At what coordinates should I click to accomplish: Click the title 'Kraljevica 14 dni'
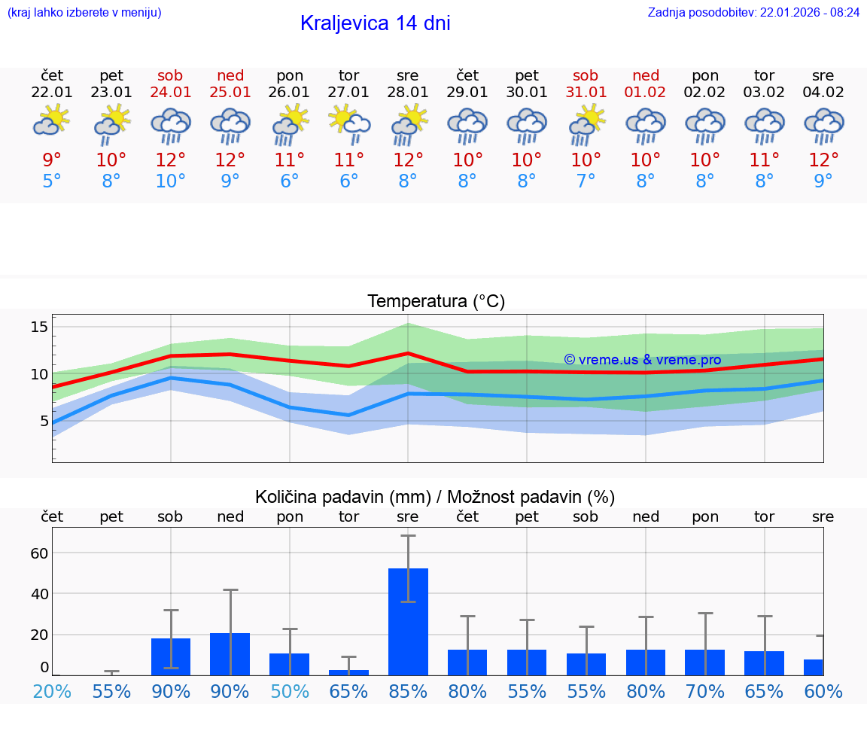coord(375,23)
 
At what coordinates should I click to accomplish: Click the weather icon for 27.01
coord(348,123)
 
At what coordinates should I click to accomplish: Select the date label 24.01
coord(171,93)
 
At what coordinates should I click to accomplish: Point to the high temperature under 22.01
coord(52,160)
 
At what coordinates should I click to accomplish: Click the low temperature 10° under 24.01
coord(171,181)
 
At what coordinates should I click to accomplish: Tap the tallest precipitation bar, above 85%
coord(408,621)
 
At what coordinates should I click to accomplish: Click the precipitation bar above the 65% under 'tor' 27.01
coord(348,672)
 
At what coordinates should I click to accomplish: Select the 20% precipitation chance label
coord(52,691)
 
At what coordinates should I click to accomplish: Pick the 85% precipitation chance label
coord(408,691)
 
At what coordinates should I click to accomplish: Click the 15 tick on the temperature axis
coord(39,327)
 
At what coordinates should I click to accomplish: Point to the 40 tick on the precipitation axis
coord(39,593)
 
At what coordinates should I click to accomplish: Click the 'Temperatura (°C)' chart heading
coord(436,302)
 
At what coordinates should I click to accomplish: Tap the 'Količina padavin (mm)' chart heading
coord(435,497)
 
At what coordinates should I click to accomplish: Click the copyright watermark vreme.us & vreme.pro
coord(643,360)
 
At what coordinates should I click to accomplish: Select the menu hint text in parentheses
coord(84,12)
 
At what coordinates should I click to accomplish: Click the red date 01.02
coord(645,93)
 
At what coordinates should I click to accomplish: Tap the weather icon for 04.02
coord(823,125)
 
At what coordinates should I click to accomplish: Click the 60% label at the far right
coord(823,691)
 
